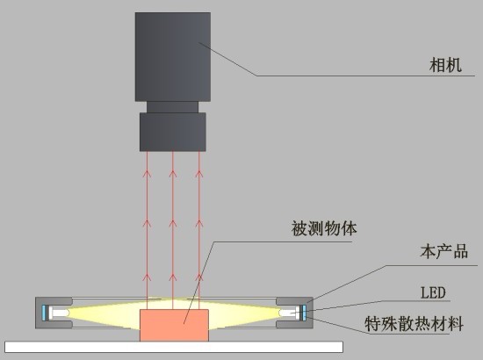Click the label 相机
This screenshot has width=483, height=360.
445,65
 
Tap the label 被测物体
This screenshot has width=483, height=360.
324,228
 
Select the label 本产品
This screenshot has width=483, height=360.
443,252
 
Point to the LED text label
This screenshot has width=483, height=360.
433,292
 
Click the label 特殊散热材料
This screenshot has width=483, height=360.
414,324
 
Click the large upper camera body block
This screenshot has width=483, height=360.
173,57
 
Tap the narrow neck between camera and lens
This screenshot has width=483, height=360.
172,107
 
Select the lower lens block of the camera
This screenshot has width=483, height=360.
173,132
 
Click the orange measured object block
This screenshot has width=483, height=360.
175,325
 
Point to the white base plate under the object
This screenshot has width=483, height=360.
174,347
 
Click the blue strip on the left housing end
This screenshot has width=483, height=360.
44,313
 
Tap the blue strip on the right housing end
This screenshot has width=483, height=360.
305,313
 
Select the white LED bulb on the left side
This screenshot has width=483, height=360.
61,313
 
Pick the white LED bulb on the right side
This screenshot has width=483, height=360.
288,313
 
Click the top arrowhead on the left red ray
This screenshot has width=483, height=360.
147,174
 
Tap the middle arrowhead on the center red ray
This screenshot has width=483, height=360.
173,224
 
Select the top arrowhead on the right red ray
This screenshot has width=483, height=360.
199,174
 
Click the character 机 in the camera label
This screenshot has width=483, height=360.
454,65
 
